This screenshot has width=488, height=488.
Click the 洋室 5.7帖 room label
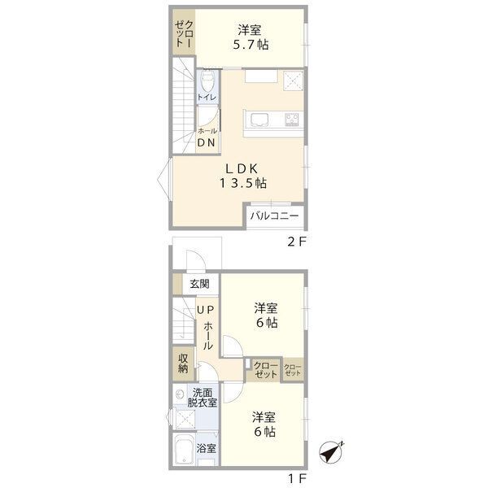tap(249, 37)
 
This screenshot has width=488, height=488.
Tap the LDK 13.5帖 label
tap(242, 176)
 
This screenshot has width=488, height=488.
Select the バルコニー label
tap(274, 216)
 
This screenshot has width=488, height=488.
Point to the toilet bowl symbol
tap(207, 81)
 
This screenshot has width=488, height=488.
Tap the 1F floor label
tap(295, 478)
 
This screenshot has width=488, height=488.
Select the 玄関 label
tap(200, 284)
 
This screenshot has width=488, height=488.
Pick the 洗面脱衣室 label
tap(200, 396)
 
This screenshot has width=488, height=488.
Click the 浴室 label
tap(206, 448)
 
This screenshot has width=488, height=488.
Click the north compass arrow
tap(331, 450)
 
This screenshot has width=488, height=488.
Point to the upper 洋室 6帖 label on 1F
tap(266, 316)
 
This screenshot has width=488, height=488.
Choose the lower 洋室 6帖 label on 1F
tap(264, 425)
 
